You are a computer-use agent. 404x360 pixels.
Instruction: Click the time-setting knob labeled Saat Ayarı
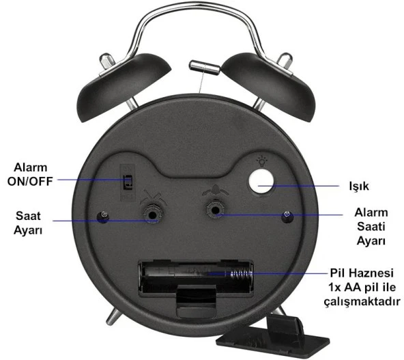point(151,215)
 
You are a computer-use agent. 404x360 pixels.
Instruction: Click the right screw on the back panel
point(288,217)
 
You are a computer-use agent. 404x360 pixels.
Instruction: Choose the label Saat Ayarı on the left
point(28,223)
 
